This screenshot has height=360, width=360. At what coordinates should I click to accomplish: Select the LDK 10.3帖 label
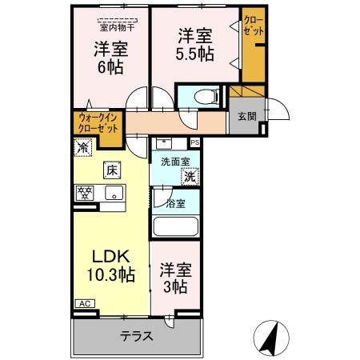(x=111, y=266)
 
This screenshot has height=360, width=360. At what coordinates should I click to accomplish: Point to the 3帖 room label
(x=174, y=279)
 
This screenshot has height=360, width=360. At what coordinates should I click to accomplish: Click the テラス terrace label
(x=137, y=337)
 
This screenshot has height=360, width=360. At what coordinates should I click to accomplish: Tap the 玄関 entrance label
(x=246, y=116)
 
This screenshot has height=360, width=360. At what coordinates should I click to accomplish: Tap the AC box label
(x=84, y=304)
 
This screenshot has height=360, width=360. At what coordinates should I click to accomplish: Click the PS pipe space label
(x=194, y=143)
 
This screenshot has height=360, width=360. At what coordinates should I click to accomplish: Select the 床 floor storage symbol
(x=110, y=170)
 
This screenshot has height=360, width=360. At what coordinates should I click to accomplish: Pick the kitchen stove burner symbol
(x=86, y=192)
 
